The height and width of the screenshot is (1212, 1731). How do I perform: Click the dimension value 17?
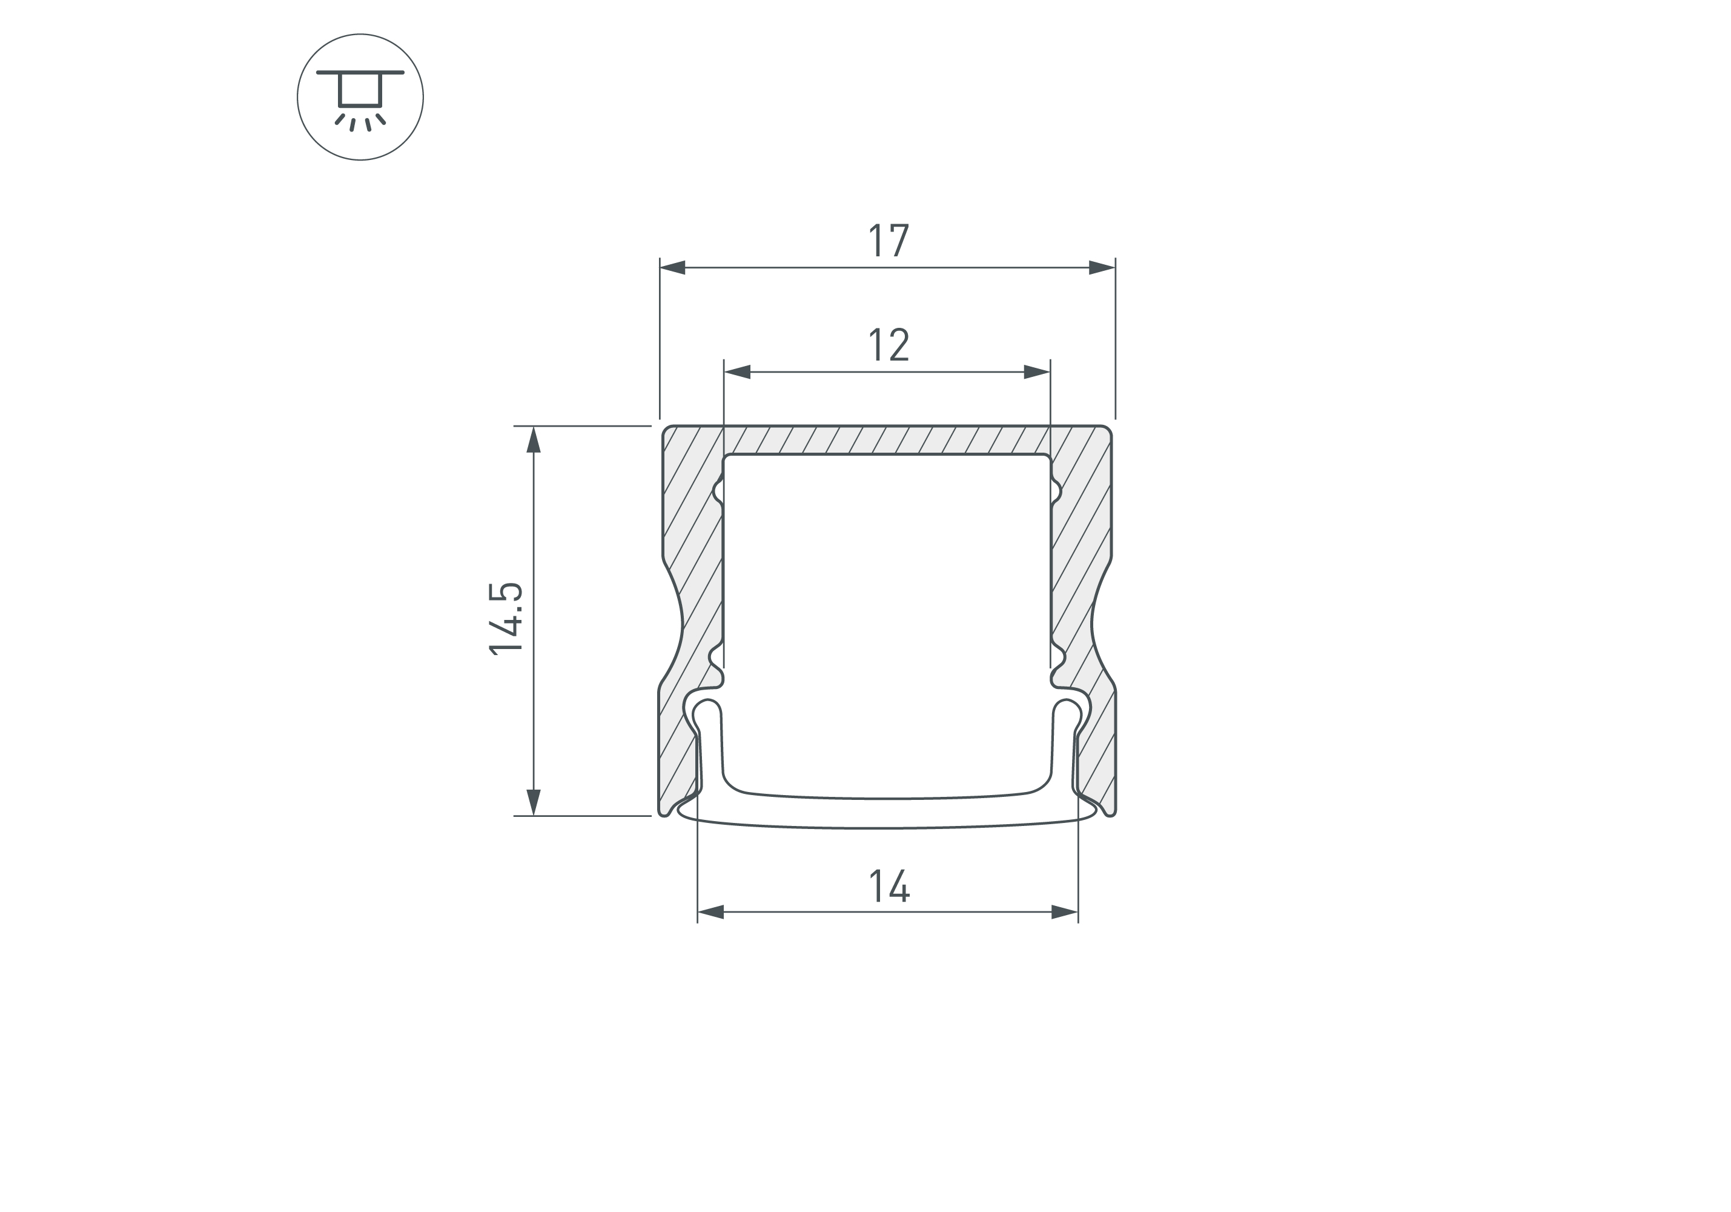tap(889, 241)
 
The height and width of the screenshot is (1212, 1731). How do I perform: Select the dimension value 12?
tap(889, 345)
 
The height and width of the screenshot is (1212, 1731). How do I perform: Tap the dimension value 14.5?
tap(506, 619)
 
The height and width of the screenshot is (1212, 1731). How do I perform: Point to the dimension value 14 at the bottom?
tap(890, 886)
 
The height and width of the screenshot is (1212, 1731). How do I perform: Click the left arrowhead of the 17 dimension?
tap(672, 268)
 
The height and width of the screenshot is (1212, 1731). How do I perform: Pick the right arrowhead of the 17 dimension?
tap(1102, 268)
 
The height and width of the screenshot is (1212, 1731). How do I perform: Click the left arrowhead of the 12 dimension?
tap(737, 372)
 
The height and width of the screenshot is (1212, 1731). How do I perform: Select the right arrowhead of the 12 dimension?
tap(1038, 372)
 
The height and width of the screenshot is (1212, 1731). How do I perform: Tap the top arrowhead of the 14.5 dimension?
tap(534, 440)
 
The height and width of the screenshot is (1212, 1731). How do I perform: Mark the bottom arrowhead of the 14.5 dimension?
tap(534, 802)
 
